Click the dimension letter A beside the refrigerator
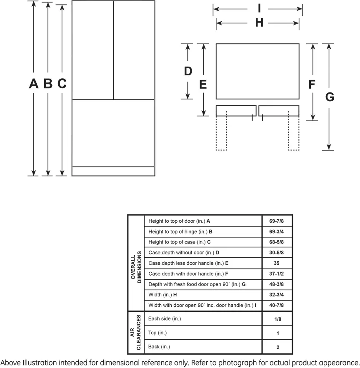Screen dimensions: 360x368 point(34,84)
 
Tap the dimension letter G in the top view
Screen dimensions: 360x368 point(330,97)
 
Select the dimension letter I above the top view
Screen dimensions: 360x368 point(259,8)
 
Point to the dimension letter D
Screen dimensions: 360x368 point(188,71)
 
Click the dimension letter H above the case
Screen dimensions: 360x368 point(259,23)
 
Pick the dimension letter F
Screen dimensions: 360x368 point(312,84)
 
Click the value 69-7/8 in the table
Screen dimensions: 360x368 point(276,221)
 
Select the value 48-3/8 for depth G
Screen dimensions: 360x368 point(276,284)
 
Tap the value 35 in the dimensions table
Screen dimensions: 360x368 point(276,263)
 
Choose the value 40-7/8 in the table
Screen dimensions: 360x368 point(276,305)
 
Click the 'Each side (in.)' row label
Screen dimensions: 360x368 point(165,319)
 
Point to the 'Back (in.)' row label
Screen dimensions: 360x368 point(159,347)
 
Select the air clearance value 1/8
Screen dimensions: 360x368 point(278,319)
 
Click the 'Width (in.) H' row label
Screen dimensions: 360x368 point(162,295)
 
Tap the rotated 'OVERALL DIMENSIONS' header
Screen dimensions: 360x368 point(136,267)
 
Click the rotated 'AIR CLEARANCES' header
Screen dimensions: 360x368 point(136,332)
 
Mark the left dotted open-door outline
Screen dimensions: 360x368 point(221,131)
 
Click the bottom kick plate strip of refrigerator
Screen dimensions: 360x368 point(113,172)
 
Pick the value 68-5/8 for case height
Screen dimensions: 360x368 point(276,242)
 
